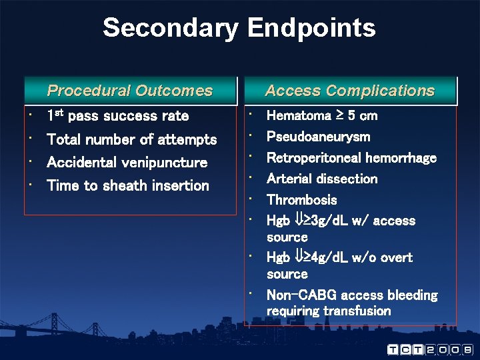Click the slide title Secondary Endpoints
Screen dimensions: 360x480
pyautogui.click(x=239, y=28)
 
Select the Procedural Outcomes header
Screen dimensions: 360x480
pyautogui.click(x=130, y=91)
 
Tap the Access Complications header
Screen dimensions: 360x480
pyautogui.click(x=349, y=91)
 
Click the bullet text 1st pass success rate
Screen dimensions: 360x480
pyautogui.click(x=118, y=116)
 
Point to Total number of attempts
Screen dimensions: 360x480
pyautogui.click(x=131, y=139)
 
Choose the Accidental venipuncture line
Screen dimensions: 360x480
pyautogui.click(x=127, y=163)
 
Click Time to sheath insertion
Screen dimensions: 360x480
pyautogui.click(x=128, y=186)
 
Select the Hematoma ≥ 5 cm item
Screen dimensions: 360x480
pyautogui.click(x=321, y=116)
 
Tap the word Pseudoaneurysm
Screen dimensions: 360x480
pyautogui.click(x=318, y=137)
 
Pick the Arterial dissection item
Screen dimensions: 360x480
pyautogui.click(x=321, y=179)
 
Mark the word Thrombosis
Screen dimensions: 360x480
pyautogui.click(x=301, y=199)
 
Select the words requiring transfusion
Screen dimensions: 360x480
pyautogui.click(x=328, y=311)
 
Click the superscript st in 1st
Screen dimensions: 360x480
pyautogui.click(x=59, y=112)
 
